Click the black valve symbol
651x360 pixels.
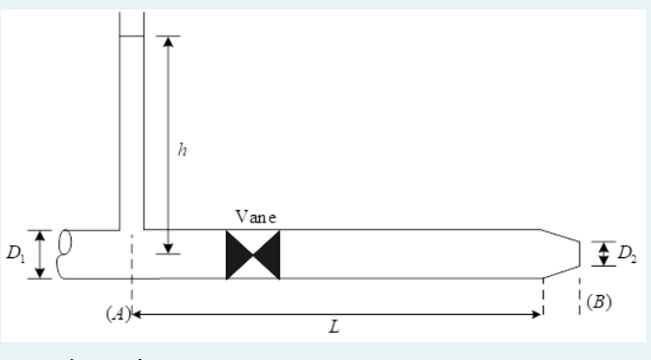pyautogui.click(x=252, y=255)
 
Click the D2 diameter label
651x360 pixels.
pyautogui.click(x=626, y=253)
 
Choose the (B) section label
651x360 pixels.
pyautogui.click(x=598, y=303)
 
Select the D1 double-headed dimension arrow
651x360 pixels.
pyautogui.click(x=40, y=254)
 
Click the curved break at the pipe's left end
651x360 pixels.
pyautogui.click(x=64, y=254)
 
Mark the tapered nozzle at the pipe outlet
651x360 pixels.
pyautogui.click(x=560, y=254)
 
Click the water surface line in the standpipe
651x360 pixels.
pyautogui.click(x=131, y=37)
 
